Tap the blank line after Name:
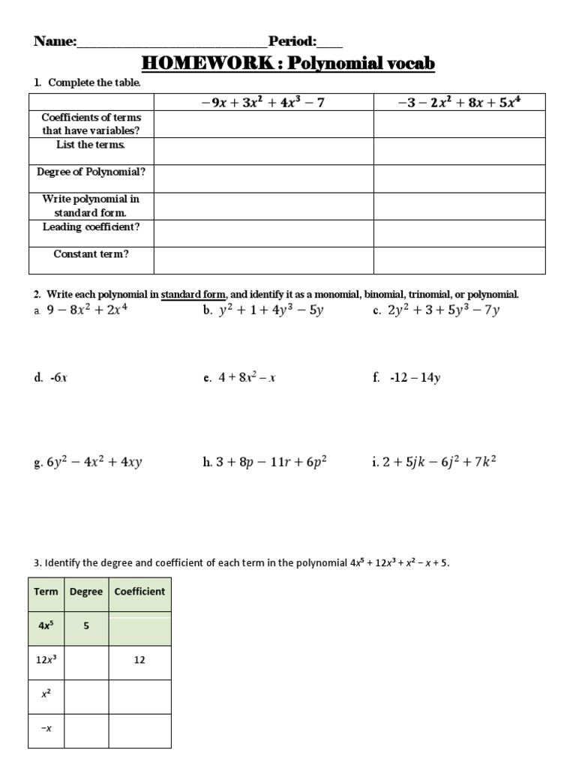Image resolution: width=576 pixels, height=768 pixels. click(x=172, y=43)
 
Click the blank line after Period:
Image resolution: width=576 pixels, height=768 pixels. click(x=330, y=43)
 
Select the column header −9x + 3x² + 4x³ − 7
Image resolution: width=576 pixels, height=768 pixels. click(x=263, y=102)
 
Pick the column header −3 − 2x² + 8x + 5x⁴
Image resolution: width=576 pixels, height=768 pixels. click(x=459, y=102)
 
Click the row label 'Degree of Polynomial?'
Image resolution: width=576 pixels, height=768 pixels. click(x=91, y=172)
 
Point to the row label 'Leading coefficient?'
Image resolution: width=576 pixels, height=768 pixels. click(x=91, y=226)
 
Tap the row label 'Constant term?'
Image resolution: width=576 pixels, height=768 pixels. click(x=91, y=254)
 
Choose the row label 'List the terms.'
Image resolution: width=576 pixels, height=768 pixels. click(x=91, y=145)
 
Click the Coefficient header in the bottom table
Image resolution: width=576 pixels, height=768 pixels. click(x=139, y=591)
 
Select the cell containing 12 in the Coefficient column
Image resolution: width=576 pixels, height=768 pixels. click(x=139, y=660)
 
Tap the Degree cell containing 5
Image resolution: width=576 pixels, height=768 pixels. click(x=86, y=625)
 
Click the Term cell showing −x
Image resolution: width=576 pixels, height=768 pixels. click(x=46, y=729)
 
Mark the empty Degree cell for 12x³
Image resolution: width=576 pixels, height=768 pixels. click(x=86, y=660)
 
